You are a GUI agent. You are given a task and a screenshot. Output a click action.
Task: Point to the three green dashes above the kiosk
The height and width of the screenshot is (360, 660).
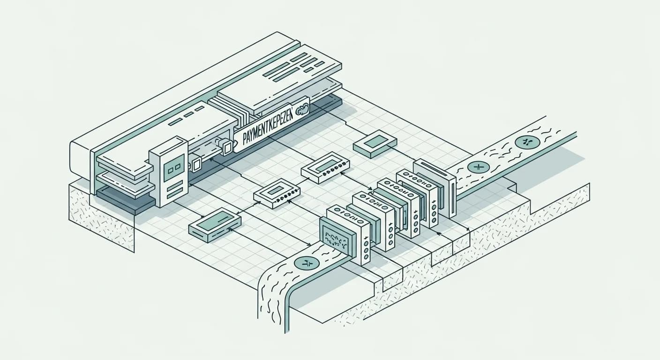pos(183,118)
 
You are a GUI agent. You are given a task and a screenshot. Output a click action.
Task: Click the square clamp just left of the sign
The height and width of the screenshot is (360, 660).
pos(227,147)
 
